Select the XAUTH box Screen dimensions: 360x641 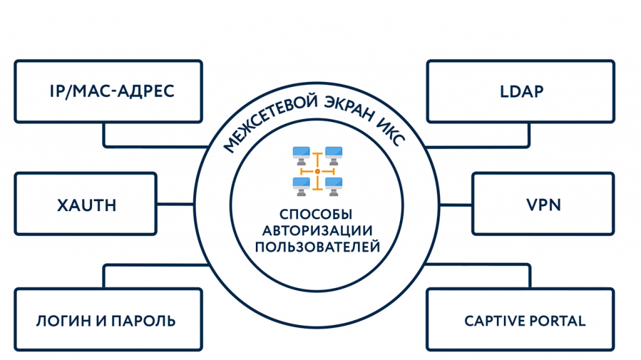(85, 204)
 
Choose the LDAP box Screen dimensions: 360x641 (521, 91)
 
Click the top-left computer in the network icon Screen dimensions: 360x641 (302, 155)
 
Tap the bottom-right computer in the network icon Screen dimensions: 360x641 (334, 184)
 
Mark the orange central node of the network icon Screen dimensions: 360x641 (317, 170)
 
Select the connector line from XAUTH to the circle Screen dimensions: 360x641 (175, 204)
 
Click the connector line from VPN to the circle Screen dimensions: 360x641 (456, 204)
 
